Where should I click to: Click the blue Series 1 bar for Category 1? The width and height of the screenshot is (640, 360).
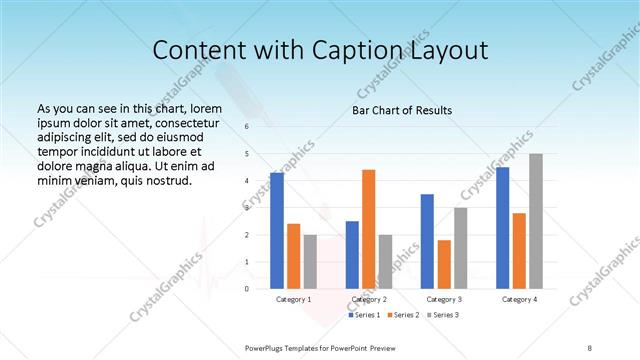click(277, 231)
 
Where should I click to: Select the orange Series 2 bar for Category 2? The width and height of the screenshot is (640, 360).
click(369, 229)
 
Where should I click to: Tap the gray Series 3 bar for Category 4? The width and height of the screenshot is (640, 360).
click(536, 221)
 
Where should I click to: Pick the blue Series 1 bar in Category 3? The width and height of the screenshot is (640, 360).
click(427, 241)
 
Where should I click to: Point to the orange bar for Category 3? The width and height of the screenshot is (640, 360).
click(444, 264)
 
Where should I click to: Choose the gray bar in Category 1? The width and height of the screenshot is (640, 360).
click(310, 261)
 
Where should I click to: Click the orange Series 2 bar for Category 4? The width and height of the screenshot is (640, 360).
click(519, 250)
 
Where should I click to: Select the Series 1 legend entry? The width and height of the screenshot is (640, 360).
click(363, 315)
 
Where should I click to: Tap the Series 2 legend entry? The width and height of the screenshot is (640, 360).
click(402, 315)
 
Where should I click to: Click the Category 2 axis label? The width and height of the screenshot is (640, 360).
click(369, 299)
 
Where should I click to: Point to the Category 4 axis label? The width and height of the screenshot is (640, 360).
click(519, 299)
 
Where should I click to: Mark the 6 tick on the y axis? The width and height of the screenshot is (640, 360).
click(246, 127)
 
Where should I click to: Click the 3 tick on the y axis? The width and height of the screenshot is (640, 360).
click(246, 208)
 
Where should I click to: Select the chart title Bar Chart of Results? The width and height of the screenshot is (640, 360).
click(401, 110)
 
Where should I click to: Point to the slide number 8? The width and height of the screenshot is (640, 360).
click(590, 347)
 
